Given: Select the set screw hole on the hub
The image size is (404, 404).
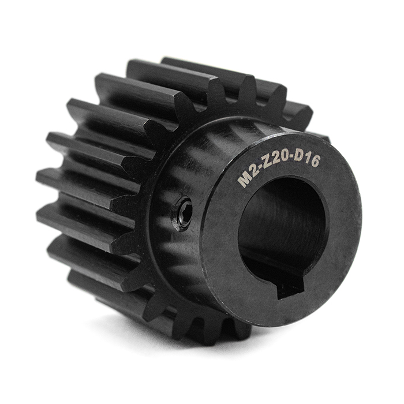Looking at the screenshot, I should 184,212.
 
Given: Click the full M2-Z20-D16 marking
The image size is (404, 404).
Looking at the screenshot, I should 279,164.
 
